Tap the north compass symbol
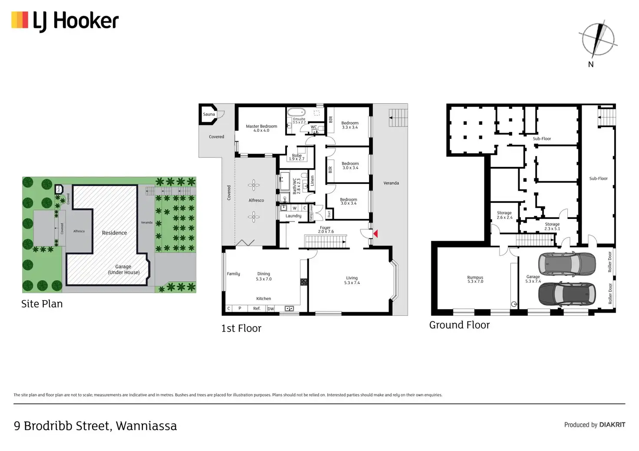(598, 39)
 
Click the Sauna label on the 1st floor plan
(209, 114)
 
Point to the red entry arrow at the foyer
(375, 234)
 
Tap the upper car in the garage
(567, 264)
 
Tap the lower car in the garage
(567, 294)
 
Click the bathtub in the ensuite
(296, 112)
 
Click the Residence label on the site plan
(115, 233)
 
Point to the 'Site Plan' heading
(42, 304)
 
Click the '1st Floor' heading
(241, 328)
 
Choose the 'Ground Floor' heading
(459, 325)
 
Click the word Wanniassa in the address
(146, 426)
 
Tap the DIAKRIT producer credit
(612, 425)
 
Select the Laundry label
(293, 216)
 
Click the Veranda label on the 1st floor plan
(391, 183)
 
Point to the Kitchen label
(264, 299)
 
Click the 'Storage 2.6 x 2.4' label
(504, 215)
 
